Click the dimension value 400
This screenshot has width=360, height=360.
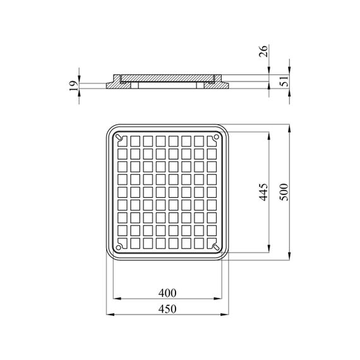tap(167, 293)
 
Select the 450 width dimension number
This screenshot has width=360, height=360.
tap(167, 309)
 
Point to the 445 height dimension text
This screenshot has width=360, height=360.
tap(263, 192)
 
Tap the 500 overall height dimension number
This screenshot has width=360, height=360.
tap(284, 192)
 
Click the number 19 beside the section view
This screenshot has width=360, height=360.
tap(73, 86)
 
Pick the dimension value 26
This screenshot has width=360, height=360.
tap(263, 51)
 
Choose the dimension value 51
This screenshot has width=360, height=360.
tap(284, 81)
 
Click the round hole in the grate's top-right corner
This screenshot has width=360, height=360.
tap(216, 137)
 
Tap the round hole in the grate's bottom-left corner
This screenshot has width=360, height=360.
tap(119, 248)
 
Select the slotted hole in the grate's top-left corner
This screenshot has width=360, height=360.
tap(119, 137)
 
